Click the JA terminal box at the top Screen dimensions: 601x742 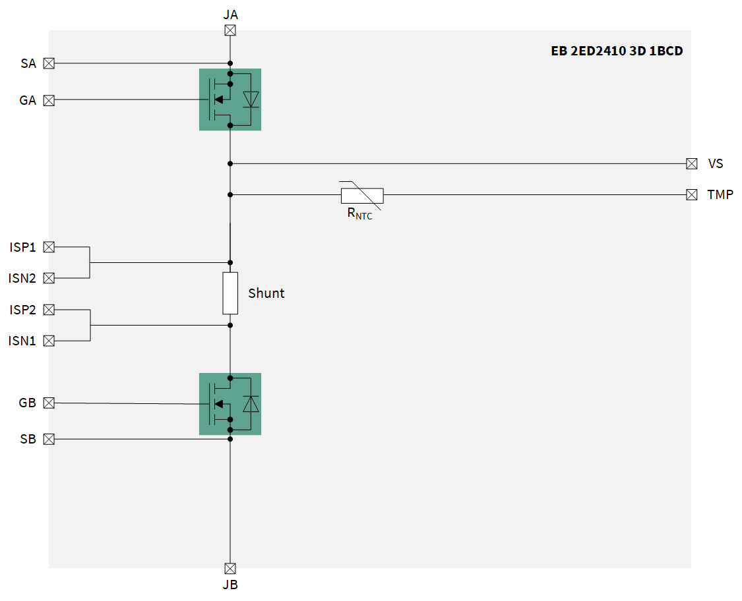coord(230,30)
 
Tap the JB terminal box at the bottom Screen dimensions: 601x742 coord(230,568)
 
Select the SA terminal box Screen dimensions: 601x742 coord(49,63)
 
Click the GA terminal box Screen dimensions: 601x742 coord(49,100)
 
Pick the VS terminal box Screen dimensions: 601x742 coord(691,163)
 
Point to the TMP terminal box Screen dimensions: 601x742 coord(691,194)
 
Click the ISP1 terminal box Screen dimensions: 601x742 coord(49,247)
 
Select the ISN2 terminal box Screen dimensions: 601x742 coord(49,278)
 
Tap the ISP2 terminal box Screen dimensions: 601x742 coord(49,309)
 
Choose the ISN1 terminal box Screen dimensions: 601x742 coord(49,341)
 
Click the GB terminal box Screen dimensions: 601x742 coord(49,403)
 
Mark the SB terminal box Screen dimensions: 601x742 coord(49,439)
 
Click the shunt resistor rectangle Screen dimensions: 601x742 coord(230,293)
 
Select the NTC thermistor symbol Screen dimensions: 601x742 coord(361,195)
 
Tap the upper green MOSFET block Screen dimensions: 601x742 coord(230,100)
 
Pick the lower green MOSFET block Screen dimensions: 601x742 coord(230,404)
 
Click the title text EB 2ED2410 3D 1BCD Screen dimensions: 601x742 coord(617,51)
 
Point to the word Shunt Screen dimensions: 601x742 coord(266,293)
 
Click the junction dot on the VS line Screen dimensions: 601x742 coord(230,163)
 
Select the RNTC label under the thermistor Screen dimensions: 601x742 coord(359,214)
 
